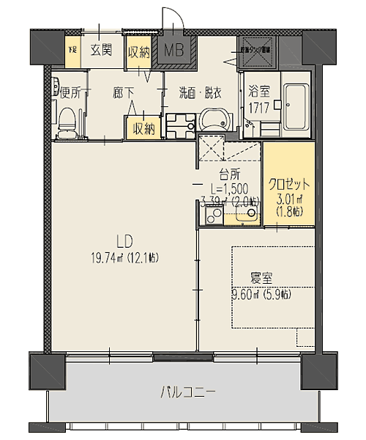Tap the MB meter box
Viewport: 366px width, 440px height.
click(174, 51)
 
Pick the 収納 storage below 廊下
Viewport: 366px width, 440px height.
click(143, 128)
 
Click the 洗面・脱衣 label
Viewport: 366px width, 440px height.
click(200, 92)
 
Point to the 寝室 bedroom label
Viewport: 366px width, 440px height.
click(261, 279)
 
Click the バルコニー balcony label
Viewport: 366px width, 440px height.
click(188, 392)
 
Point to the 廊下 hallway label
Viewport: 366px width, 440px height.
click(123, 92)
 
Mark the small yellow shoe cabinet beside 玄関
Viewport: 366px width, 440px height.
click(72, 51)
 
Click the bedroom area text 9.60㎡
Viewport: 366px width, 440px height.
click(260, 295)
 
